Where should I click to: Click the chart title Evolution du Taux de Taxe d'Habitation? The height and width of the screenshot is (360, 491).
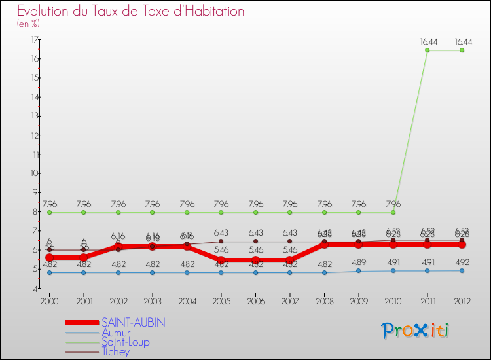[x=131, y=12]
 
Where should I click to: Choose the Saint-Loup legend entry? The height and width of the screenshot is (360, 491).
[x=125, y=342]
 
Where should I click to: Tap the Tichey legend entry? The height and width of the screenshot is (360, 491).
[x=115, y=352]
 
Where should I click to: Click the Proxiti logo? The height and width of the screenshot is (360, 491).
[x=415, y=331]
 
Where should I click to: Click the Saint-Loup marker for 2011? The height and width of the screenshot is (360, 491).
[x=427, y=50]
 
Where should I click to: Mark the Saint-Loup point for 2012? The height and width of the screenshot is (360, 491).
[x=462, y=50]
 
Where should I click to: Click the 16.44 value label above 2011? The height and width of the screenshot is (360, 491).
[x=427, y=41]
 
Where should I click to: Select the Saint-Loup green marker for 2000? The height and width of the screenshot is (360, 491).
[x=49, y=213]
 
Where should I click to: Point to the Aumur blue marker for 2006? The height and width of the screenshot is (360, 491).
[x=255, y=272]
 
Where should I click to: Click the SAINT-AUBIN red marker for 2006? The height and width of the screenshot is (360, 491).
[x=255, y=261]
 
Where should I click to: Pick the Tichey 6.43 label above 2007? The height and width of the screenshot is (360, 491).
[x=289, y=232]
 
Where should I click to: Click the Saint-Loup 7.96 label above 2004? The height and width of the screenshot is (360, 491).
[x=187, y=204]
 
